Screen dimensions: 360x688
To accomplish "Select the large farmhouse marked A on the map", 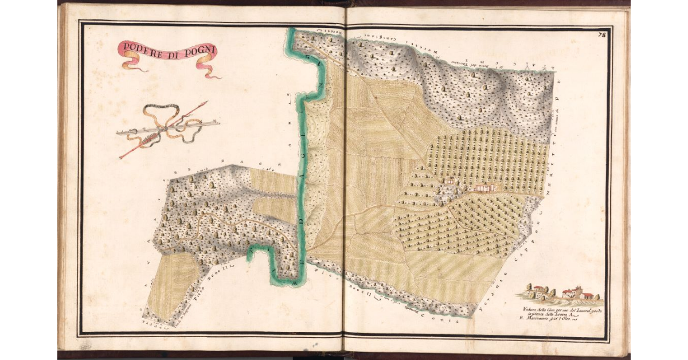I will [x=484, y=187].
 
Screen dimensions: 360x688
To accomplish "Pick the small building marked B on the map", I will [x=451, y=181].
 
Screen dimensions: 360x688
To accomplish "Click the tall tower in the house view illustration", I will [x=579, y=290].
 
